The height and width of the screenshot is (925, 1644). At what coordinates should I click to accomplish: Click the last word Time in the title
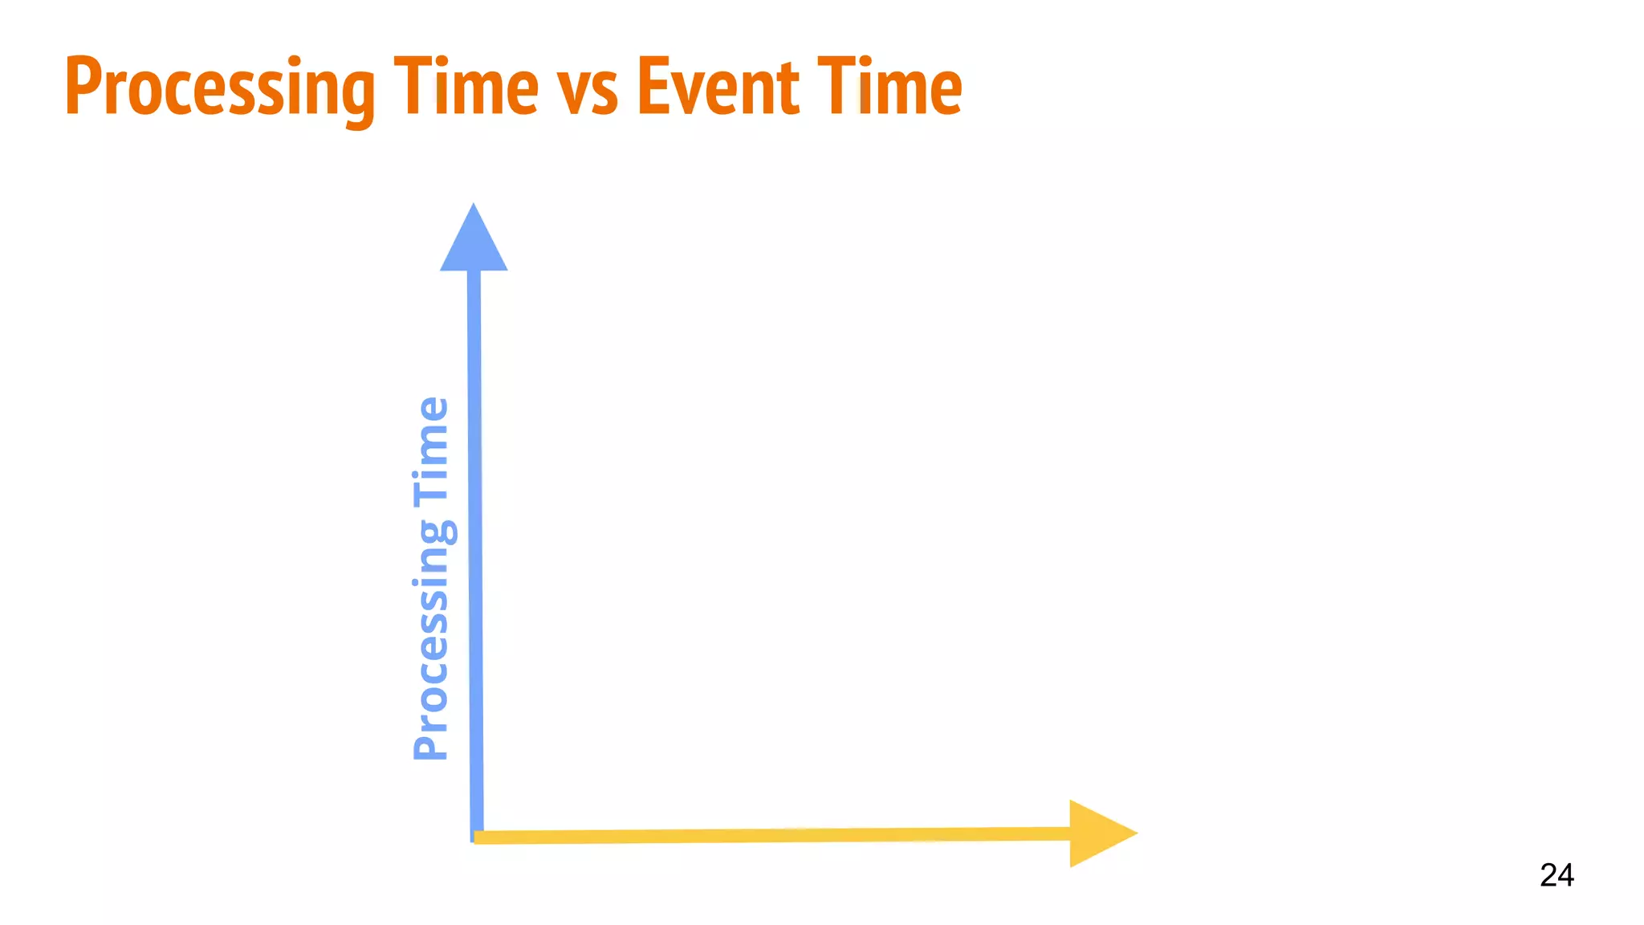[x=889, y=87]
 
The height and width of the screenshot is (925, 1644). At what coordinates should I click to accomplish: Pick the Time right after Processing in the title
[x=466, y=87]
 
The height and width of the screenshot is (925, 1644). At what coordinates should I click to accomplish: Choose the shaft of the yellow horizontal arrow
[x=771, y=836]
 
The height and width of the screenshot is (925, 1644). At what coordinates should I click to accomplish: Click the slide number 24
[x=1557, y=874]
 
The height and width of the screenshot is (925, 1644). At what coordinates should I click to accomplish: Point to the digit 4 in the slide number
[x=1566, y=874]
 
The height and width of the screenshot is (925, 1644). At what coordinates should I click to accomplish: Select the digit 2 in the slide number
[x=1548, y=874]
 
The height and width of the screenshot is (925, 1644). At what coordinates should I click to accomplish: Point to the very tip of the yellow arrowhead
[x=1136, y=833]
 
